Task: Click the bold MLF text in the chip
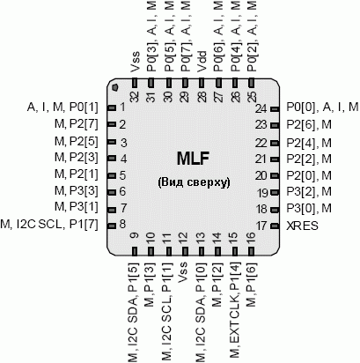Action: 193,159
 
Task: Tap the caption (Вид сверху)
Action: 194,182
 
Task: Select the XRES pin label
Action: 302,226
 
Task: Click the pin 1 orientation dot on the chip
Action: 115,87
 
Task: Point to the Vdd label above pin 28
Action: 202,62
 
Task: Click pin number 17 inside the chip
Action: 261,226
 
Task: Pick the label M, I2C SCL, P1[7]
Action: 49,225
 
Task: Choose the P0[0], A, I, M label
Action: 322,107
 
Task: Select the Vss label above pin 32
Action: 136,62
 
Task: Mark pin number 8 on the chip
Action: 122,225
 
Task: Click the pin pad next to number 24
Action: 275,109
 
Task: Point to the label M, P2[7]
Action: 77,124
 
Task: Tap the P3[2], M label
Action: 309,192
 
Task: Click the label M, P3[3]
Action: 77,191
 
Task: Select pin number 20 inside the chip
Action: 261,176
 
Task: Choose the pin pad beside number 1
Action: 112,107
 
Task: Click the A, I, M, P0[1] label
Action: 62,107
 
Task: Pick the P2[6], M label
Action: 309,125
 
